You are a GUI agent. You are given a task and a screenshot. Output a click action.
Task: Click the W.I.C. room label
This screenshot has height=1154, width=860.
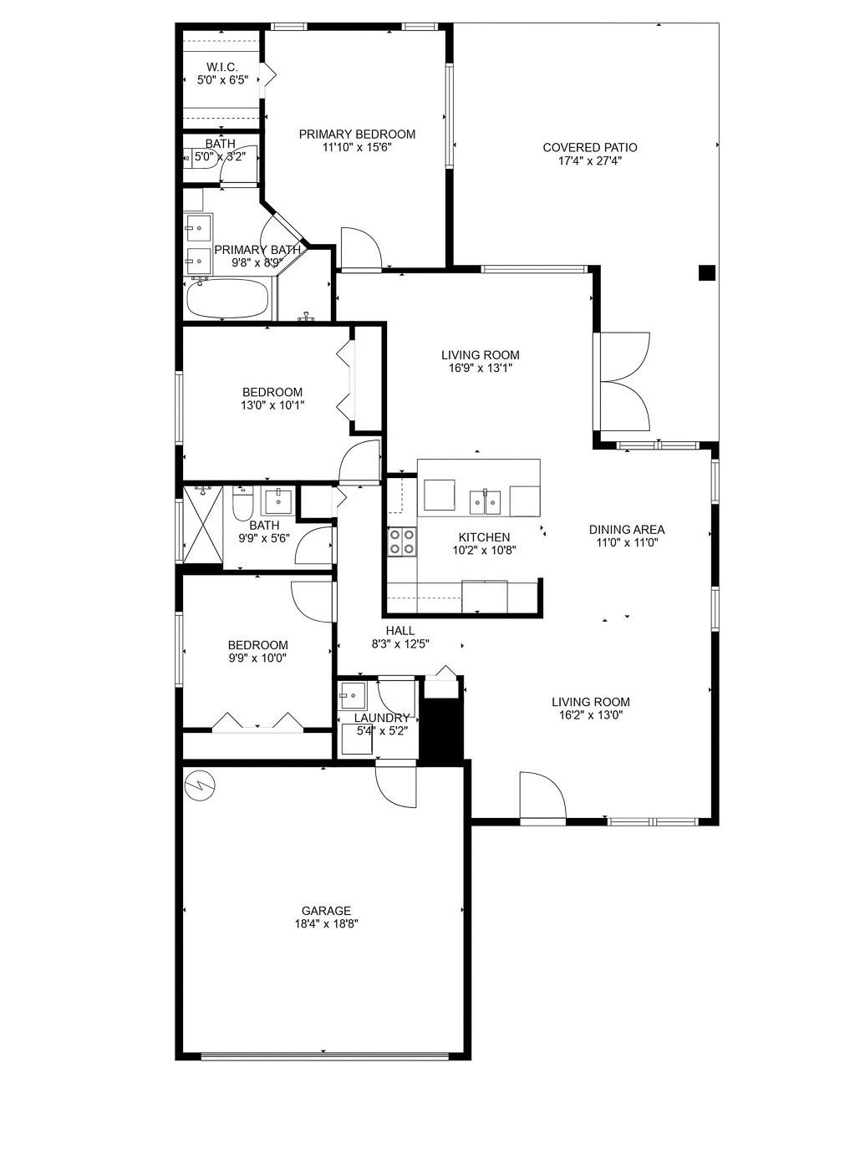(x=221, y=67)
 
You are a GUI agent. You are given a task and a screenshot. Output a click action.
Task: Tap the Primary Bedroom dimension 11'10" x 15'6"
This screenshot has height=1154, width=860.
(x=357, y=147)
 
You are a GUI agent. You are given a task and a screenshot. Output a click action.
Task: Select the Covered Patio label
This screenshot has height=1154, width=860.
(x=590, y=148)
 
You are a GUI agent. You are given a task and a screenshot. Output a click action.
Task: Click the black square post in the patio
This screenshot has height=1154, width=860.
(x=707, y=272)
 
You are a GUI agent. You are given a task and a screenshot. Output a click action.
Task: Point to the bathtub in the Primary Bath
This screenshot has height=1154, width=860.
(x=227, y=298)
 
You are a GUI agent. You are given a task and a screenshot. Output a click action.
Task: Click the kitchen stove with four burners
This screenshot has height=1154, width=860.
(x=402, y=541)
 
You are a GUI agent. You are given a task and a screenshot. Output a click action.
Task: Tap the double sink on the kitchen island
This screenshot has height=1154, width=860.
(x=486, y=501)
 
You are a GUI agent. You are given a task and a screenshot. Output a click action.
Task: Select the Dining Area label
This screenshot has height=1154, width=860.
(x=627, y=530)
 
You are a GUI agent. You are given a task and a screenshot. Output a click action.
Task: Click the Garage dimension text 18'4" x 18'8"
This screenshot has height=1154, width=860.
(x=327, y=924)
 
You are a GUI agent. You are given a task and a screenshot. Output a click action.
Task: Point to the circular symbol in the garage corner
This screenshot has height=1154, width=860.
(x=200, y=786)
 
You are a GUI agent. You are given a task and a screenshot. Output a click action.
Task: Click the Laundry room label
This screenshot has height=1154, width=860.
(x=382, y=718)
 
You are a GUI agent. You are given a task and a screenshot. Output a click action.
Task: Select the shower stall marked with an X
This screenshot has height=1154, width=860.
(x=204, y=525)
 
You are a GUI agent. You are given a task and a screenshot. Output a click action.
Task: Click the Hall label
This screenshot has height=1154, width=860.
(x=400, y=631)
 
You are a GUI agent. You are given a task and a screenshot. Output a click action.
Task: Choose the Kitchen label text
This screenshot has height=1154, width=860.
(x=484, y=537)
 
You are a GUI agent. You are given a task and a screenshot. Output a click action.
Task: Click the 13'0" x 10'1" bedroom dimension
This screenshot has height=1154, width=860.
(x=272, y=404)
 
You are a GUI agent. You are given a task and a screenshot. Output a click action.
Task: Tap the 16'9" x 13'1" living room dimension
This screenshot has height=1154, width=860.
(x=481, y=369)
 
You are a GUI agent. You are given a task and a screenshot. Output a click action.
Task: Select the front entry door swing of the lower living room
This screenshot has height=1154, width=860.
(x=542, y=796)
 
